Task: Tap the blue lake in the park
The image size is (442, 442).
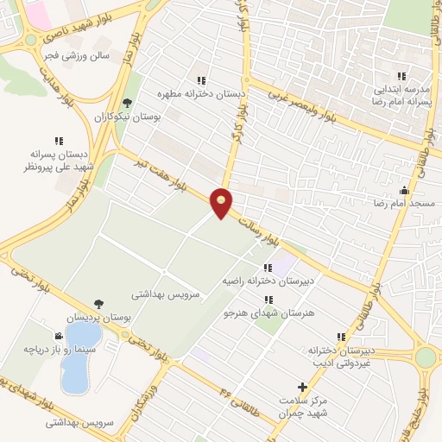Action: [x=79, y=355]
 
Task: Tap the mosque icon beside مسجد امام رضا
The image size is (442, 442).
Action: [x=404, y=190]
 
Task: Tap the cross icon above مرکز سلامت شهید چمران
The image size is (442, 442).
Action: [x=301, y=388]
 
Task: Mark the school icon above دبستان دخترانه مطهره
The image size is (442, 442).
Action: [x=201, y=79]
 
